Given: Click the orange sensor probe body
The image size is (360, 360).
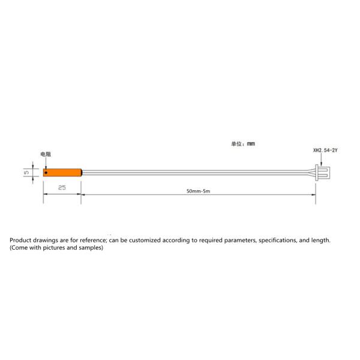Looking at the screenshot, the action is pyautogui.click(x=62, y=173).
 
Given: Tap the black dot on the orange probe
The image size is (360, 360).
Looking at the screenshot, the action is pyautogui.click(x=46, y=172).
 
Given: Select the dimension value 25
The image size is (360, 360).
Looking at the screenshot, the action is pyautogui.click(x=62, y=188).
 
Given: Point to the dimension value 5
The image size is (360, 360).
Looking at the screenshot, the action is pyautogui.click(x=26, y=172).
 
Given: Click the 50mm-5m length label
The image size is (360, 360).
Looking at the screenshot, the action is pyautogui.click(x=199, y=191).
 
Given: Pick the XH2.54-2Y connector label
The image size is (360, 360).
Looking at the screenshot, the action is pyautogui.click(x=325, y=151).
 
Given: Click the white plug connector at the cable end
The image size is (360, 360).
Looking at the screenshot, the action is pyautogui.click(x=323, y=172).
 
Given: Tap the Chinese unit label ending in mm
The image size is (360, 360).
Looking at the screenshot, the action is pyautogui.click(x=243, y=144).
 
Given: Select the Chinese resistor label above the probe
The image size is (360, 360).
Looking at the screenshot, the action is pyautogui.click(x=46, y=154).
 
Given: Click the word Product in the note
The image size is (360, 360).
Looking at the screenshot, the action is pyautogui.click(x=20, y=240).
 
